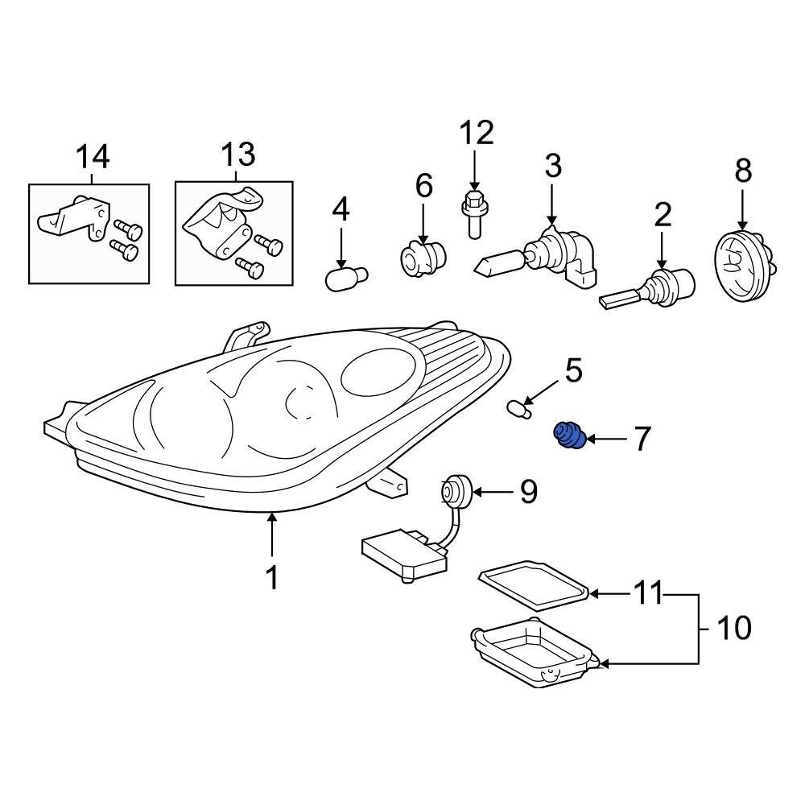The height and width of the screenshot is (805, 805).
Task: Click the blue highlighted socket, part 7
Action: (x=569, y=436)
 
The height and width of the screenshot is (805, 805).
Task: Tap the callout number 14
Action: (x=93, y=157)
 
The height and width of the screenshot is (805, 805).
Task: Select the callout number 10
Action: (x=734, y=628)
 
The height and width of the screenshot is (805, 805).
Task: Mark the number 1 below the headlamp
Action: (x=272, y=577)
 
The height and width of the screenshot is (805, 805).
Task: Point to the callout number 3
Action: (x=553, y=166)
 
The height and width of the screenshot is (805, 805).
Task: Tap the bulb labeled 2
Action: (x=647, y=290)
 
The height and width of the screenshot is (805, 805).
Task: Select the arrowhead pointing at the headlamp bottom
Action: (x=272, y=518)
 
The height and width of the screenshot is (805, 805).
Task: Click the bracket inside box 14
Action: (x=74, y=217)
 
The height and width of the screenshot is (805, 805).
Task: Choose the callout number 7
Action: (x=642, y=439)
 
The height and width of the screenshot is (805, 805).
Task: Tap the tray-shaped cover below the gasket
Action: (x=535, y=651)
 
